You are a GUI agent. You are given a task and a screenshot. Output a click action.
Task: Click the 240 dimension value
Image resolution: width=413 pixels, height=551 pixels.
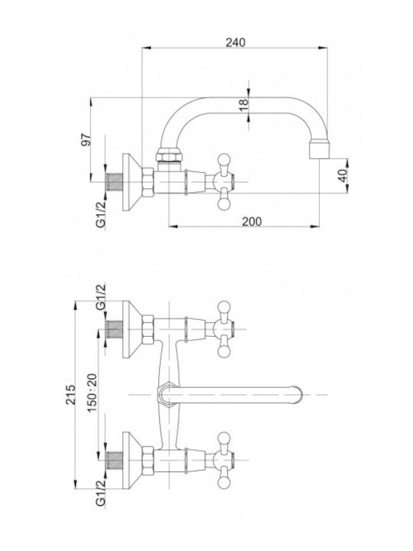click(236, 43)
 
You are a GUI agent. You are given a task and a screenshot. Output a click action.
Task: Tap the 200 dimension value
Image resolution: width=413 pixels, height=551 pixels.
click(252, 221)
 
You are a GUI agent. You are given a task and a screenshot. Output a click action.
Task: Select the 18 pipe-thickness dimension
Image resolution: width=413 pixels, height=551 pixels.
click(243, 105)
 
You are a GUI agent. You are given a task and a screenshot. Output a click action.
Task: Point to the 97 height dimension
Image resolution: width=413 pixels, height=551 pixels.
click(86, 140)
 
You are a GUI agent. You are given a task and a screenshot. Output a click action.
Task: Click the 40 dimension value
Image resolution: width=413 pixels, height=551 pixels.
click(343, 174)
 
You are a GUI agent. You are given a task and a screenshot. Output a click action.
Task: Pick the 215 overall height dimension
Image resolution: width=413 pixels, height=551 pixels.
click(71, 395)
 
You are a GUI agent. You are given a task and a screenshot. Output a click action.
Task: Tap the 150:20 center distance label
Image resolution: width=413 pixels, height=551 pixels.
click(92, 393)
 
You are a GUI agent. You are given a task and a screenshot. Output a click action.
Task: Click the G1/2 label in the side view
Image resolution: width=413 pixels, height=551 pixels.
click(101, 215)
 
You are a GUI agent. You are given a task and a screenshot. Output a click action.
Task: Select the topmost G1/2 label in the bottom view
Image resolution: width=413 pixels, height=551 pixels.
click(101, 297)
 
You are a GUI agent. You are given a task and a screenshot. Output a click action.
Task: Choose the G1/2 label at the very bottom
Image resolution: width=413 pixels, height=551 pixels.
click(101, 493)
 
